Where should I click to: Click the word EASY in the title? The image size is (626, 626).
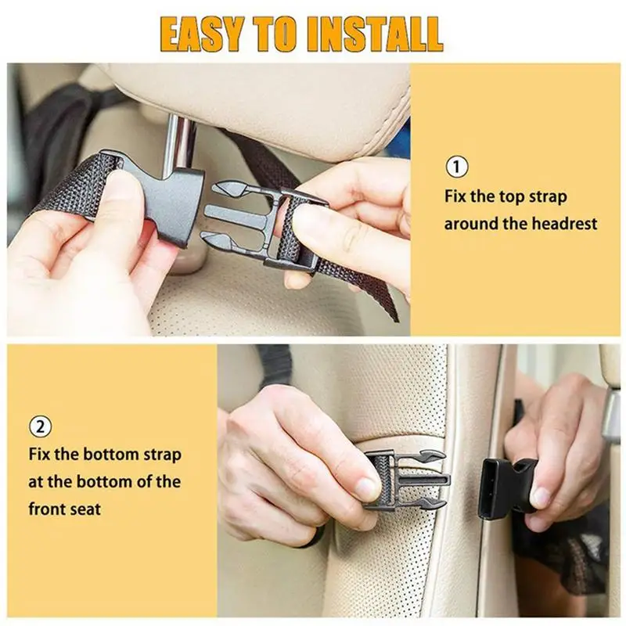(202, 34)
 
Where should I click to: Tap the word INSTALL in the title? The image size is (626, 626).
(375, 34)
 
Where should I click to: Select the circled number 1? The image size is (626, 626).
(457, 167)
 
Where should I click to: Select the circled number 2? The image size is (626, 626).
(41, 426)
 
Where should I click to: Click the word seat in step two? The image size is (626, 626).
(85, 510)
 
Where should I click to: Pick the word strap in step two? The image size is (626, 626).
(160, 455)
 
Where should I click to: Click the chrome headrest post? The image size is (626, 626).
(178, 145)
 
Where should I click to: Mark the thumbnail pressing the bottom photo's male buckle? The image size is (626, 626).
(366, 486)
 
